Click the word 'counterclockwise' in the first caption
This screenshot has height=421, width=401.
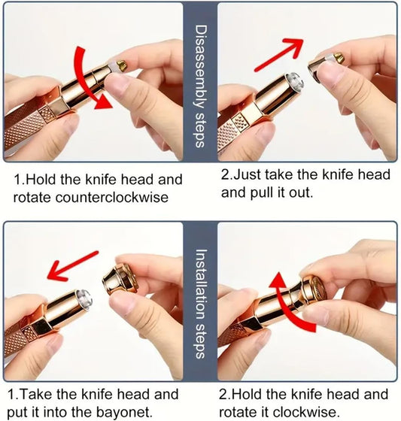pos(112,198)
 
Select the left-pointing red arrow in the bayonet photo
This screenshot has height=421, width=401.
pos(72,265)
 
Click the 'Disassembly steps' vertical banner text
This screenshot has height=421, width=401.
pos(200,86)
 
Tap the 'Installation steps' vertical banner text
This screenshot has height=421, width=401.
pos(200,304)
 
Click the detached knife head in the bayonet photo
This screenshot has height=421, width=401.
pos(120,279)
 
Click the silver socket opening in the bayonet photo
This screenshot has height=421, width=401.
pos(84,298)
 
